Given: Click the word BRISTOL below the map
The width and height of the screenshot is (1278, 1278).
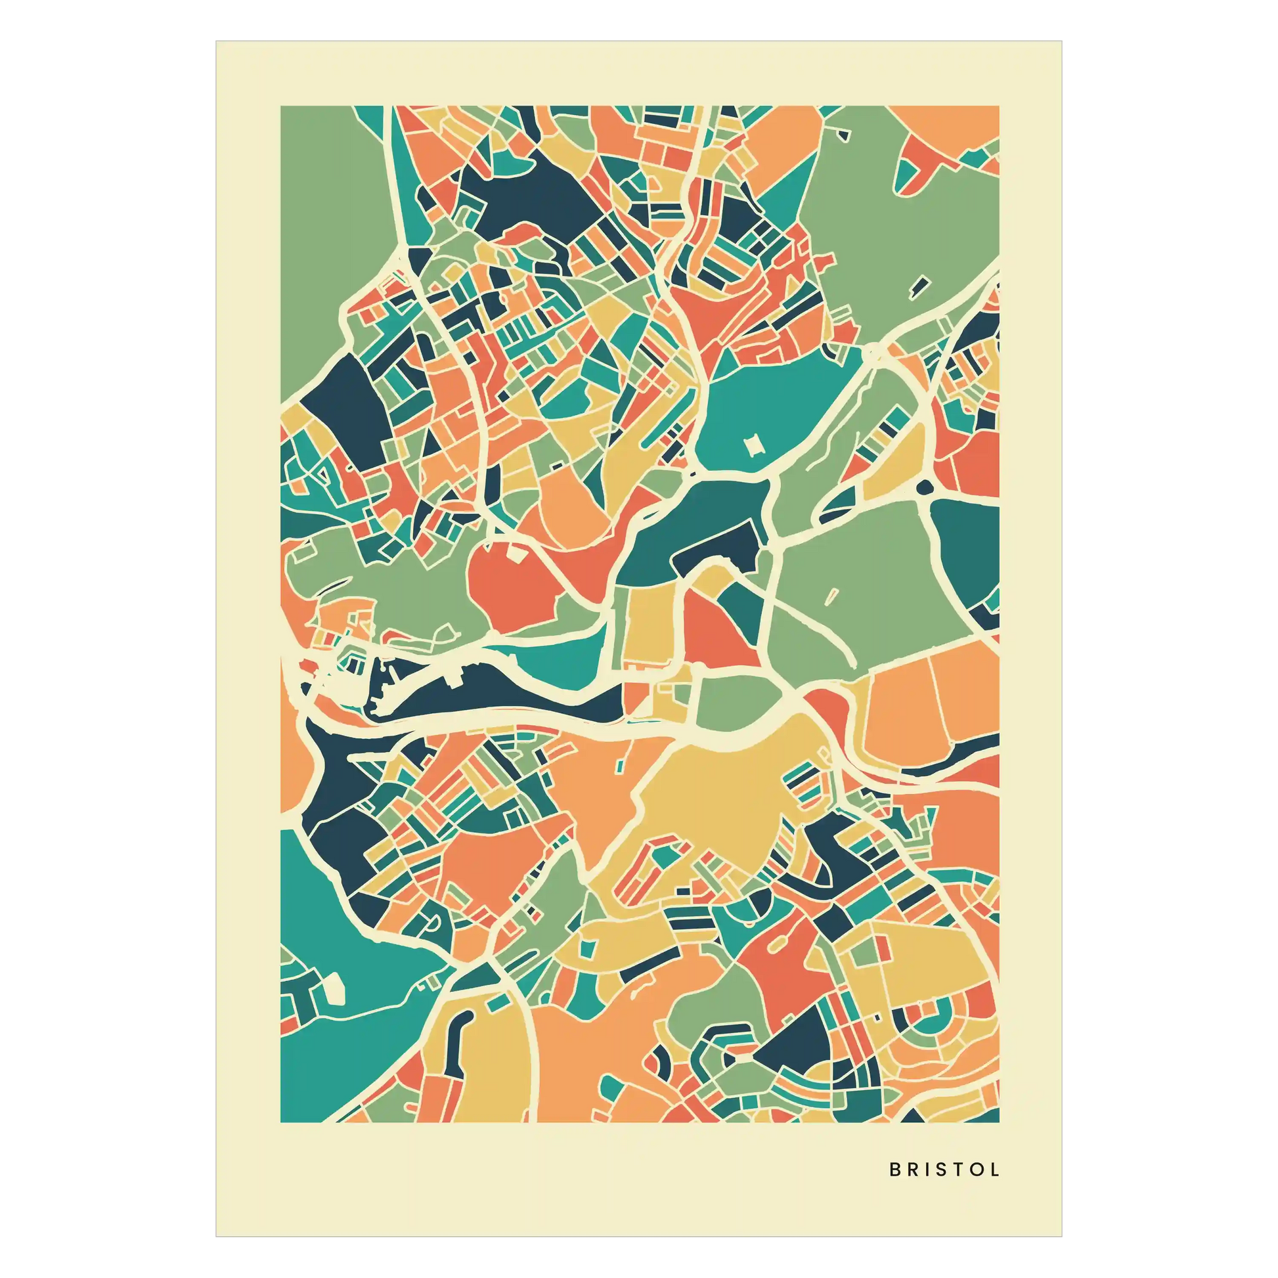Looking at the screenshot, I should click(x=944, y=1170).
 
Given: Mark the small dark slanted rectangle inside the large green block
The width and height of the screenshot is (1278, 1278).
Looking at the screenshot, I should click(x=919, y=286).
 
